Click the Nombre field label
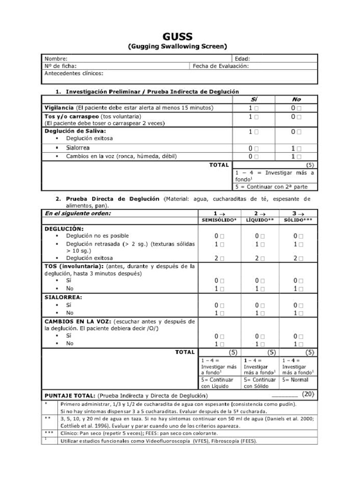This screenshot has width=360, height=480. tap(56, 59)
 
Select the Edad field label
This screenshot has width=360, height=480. tap(242, 59)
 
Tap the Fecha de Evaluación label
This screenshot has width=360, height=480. tap(220, 66)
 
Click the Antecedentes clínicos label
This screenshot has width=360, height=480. tap(74, 74)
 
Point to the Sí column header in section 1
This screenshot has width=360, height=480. tap(254, 99)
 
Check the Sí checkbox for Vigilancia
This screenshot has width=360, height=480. tap(256, 108)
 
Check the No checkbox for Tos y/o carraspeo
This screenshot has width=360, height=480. tap(299, 117)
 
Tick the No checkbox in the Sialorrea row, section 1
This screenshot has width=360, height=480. tap(299, 149)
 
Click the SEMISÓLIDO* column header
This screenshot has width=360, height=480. tap(219, 220)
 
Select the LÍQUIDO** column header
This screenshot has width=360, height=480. tap(260, 220)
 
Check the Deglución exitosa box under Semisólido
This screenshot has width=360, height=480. tap(222, 258)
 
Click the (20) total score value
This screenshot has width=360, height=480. tap(307, 394)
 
